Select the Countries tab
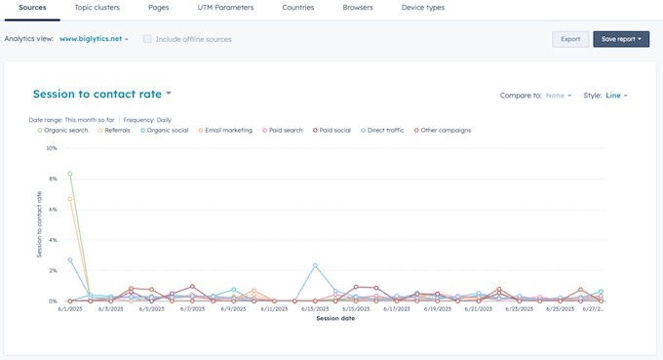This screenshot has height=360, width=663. click(x=297, y=8)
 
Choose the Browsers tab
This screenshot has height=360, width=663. click(x=357, y=8)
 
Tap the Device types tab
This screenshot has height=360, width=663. click(x=422, y=8)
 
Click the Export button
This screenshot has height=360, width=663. click(x=570, y=39)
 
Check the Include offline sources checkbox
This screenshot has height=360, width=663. click(x=147, y=39)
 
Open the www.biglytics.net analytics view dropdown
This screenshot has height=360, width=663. click(x=94, y=39)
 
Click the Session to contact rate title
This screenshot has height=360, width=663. click(x=101, y=95)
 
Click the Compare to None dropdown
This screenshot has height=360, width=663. click(x=559, y=96)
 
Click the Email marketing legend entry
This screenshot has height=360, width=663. click(x=228, y=129)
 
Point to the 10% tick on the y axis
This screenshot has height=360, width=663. click(x=52, y=149)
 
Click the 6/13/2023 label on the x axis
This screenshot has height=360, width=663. click(x=314, y=309)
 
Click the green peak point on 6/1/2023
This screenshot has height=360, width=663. click(x=70, y=174)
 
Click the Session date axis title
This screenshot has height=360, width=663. click(x=334, y=318)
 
